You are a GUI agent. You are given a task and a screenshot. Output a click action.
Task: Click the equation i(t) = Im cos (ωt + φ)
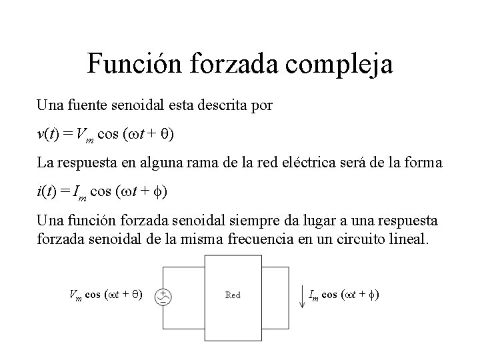(x=103, y=192)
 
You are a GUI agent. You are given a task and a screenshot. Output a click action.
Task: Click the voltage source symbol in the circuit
(x=161, y=297)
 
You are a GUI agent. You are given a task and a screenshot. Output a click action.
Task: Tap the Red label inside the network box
(x=233, y=294)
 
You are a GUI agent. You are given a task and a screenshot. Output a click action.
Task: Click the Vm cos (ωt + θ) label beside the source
(x=106, y=294)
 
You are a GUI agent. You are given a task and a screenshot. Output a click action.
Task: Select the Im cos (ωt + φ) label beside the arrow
(x=345, y=294)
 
